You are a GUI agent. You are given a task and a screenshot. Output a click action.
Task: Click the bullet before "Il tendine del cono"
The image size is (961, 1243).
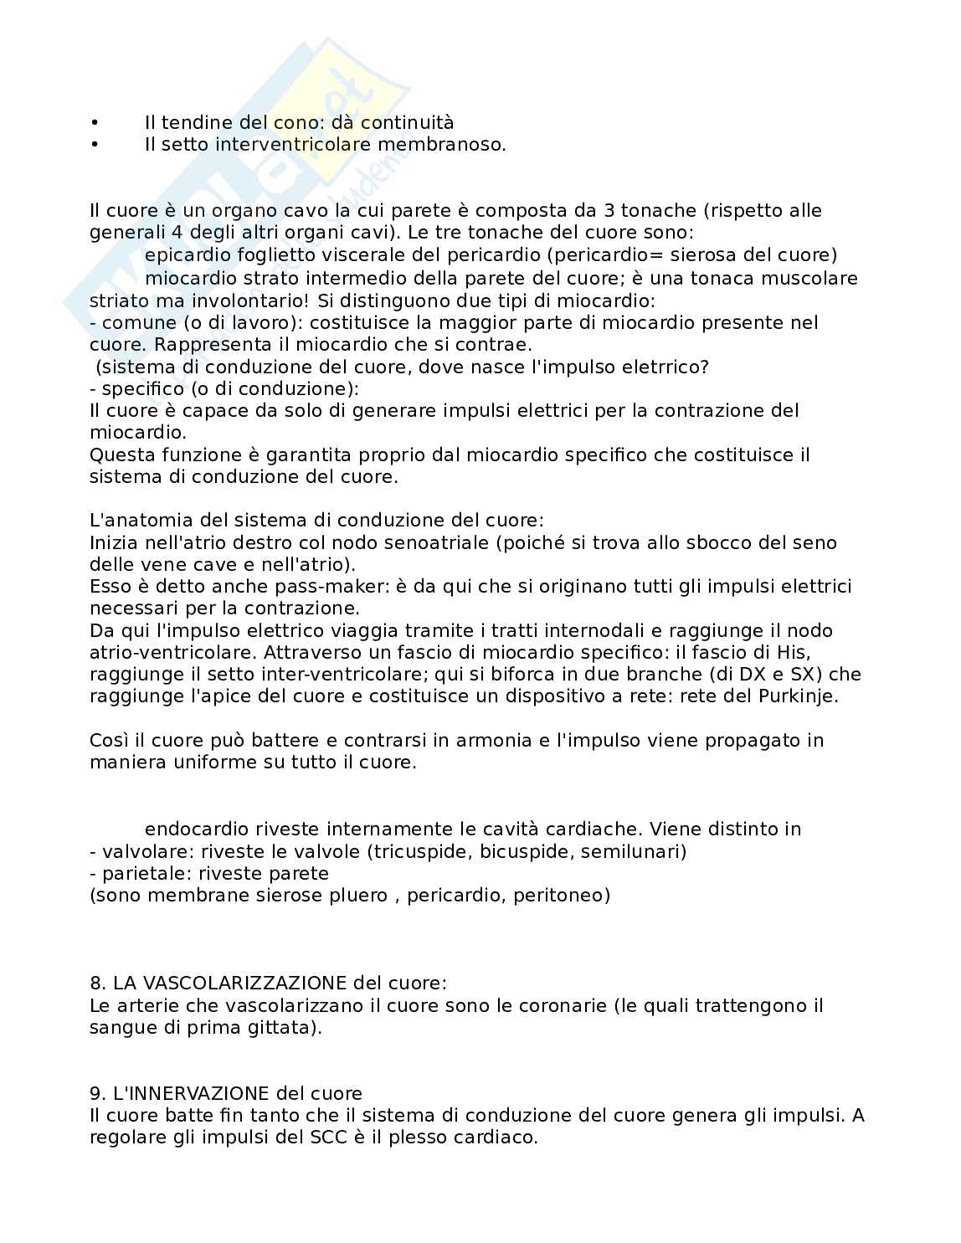pos(95,123)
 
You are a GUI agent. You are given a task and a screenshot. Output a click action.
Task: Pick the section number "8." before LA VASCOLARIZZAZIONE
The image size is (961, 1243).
pos(97,983)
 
